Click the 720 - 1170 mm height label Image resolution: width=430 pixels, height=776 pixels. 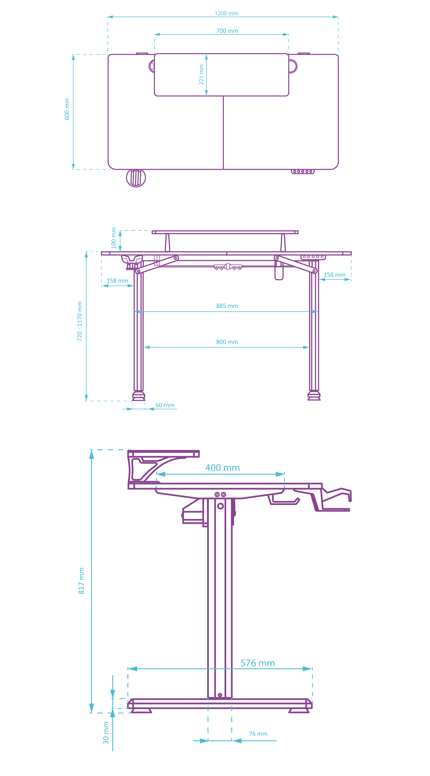(x=80, y=321)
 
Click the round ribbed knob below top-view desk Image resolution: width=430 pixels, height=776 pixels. (x=136, y=178)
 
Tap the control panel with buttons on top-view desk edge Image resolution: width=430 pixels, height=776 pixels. (x=303, y=171)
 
